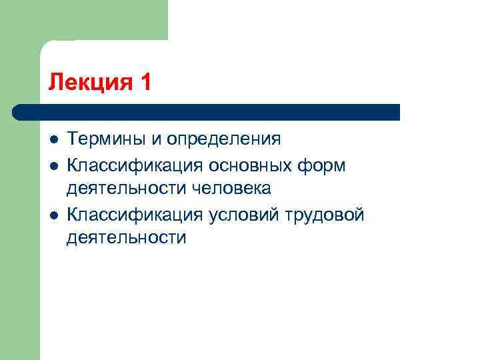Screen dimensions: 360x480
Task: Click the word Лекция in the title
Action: [x=90, y=82]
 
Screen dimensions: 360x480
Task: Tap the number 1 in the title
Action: [x=146, y=82]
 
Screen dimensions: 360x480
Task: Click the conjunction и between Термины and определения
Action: [x=154, y=139]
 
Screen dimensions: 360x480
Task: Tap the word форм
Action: [x=326, y=165]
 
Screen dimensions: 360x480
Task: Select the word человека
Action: [x=232, y=189]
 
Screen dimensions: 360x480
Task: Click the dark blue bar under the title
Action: [x=213, y=112]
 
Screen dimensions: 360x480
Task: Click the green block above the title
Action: [x=100, y=20]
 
